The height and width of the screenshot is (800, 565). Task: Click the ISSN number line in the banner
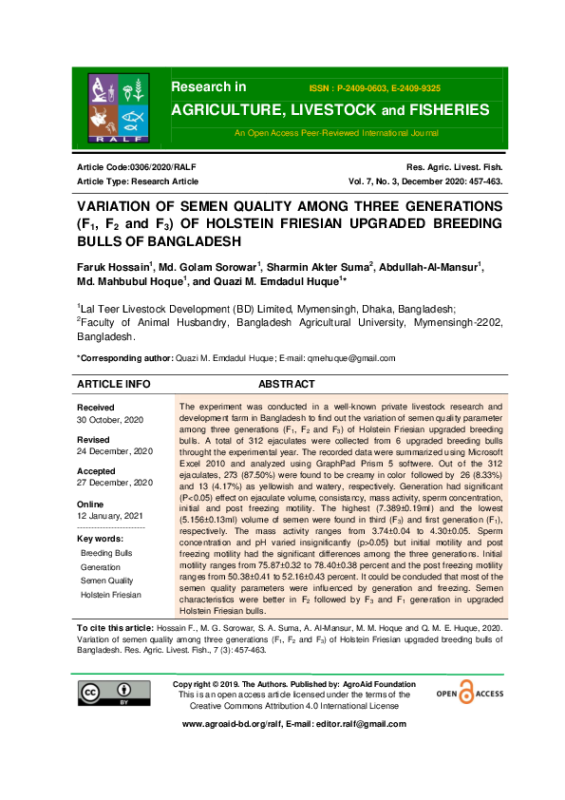pyautogui.click(x=376, y=86)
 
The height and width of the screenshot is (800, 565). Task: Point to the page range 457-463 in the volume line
pyautogui.click(x=479, y=181)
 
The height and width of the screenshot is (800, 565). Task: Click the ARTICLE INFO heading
pyautogui.click(x=113, y=385)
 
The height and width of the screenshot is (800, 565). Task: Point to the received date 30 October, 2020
pyautogui.click(x=111, y=420)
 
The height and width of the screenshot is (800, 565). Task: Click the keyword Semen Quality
pyautogui.click(x=107, y=581)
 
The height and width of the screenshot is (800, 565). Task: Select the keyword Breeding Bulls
pyautogui.click(x=107, y=552)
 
